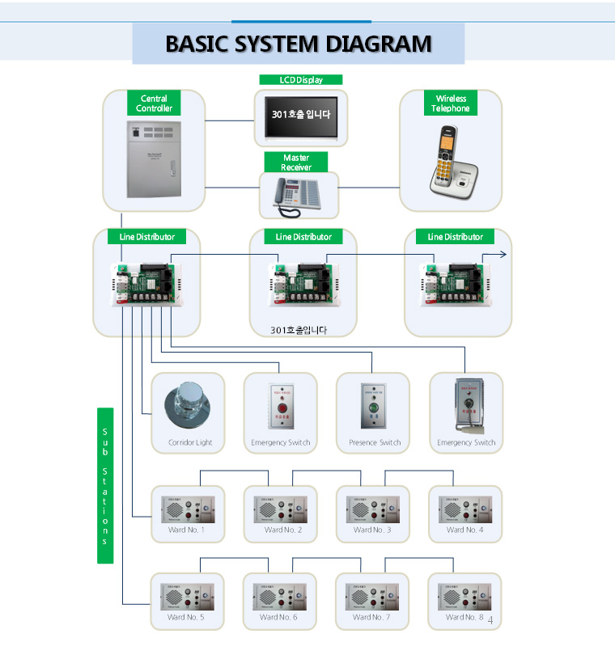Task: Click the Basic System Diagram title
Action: (298, 43)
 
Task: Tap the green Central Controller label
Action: (154, 104)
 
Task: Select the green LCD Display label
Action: (301, 80)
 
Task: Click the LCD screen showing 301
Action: (301, 115)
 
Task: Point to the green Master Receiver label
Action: (296, 163)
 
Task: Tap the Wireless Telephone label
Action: (451, 104)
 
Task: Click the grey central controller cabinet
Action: (154, 158)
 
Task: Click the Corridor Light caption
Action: (190, 442)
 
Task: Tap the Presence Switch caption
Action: (375, 442)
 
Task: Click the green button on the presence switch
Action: (373, 408)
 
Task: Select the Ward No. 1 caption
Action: (186, 530)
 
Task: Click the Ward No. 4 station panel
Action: (465, 509)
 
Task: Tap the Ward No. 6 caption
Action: (278, 617)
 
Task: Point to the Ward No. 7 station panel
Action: (372, 597)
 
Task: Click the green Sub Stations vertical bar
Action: (105, 485)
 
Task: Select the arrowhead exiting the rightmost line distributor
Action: (503, 254)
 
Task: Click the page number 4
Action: (490, 621)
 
